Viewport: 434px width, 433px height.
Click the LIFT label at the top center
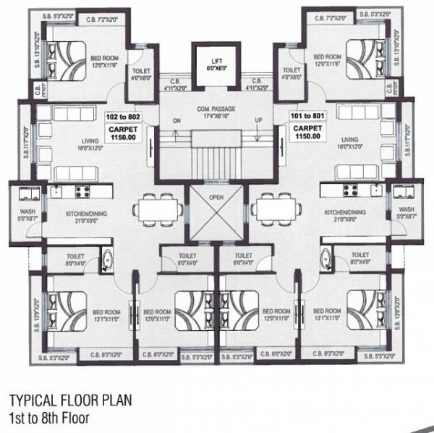coord(216,61)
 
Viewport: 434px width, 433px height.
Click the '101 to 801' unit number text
coord(307,116)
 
